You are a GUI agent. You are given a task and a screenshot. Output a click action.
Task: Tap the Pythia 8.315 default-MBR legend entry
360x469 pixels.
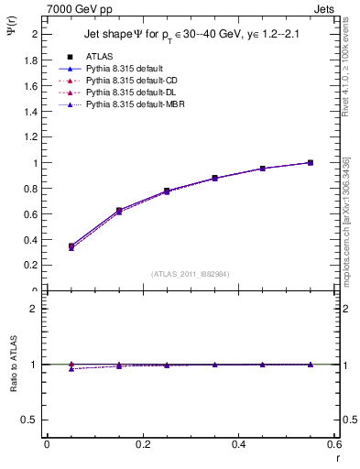[132, 106]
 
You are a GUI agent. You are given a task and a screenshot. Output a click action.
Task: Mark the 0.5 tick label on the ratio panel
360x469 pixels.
[32, 420]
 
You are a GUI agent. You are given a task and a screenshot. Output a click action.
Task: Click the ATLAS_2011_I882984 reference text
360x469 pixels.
[191, 275]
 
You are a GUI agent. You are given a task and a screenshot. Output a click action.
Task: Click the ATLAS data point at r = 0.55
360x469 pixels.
[311, 162]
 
